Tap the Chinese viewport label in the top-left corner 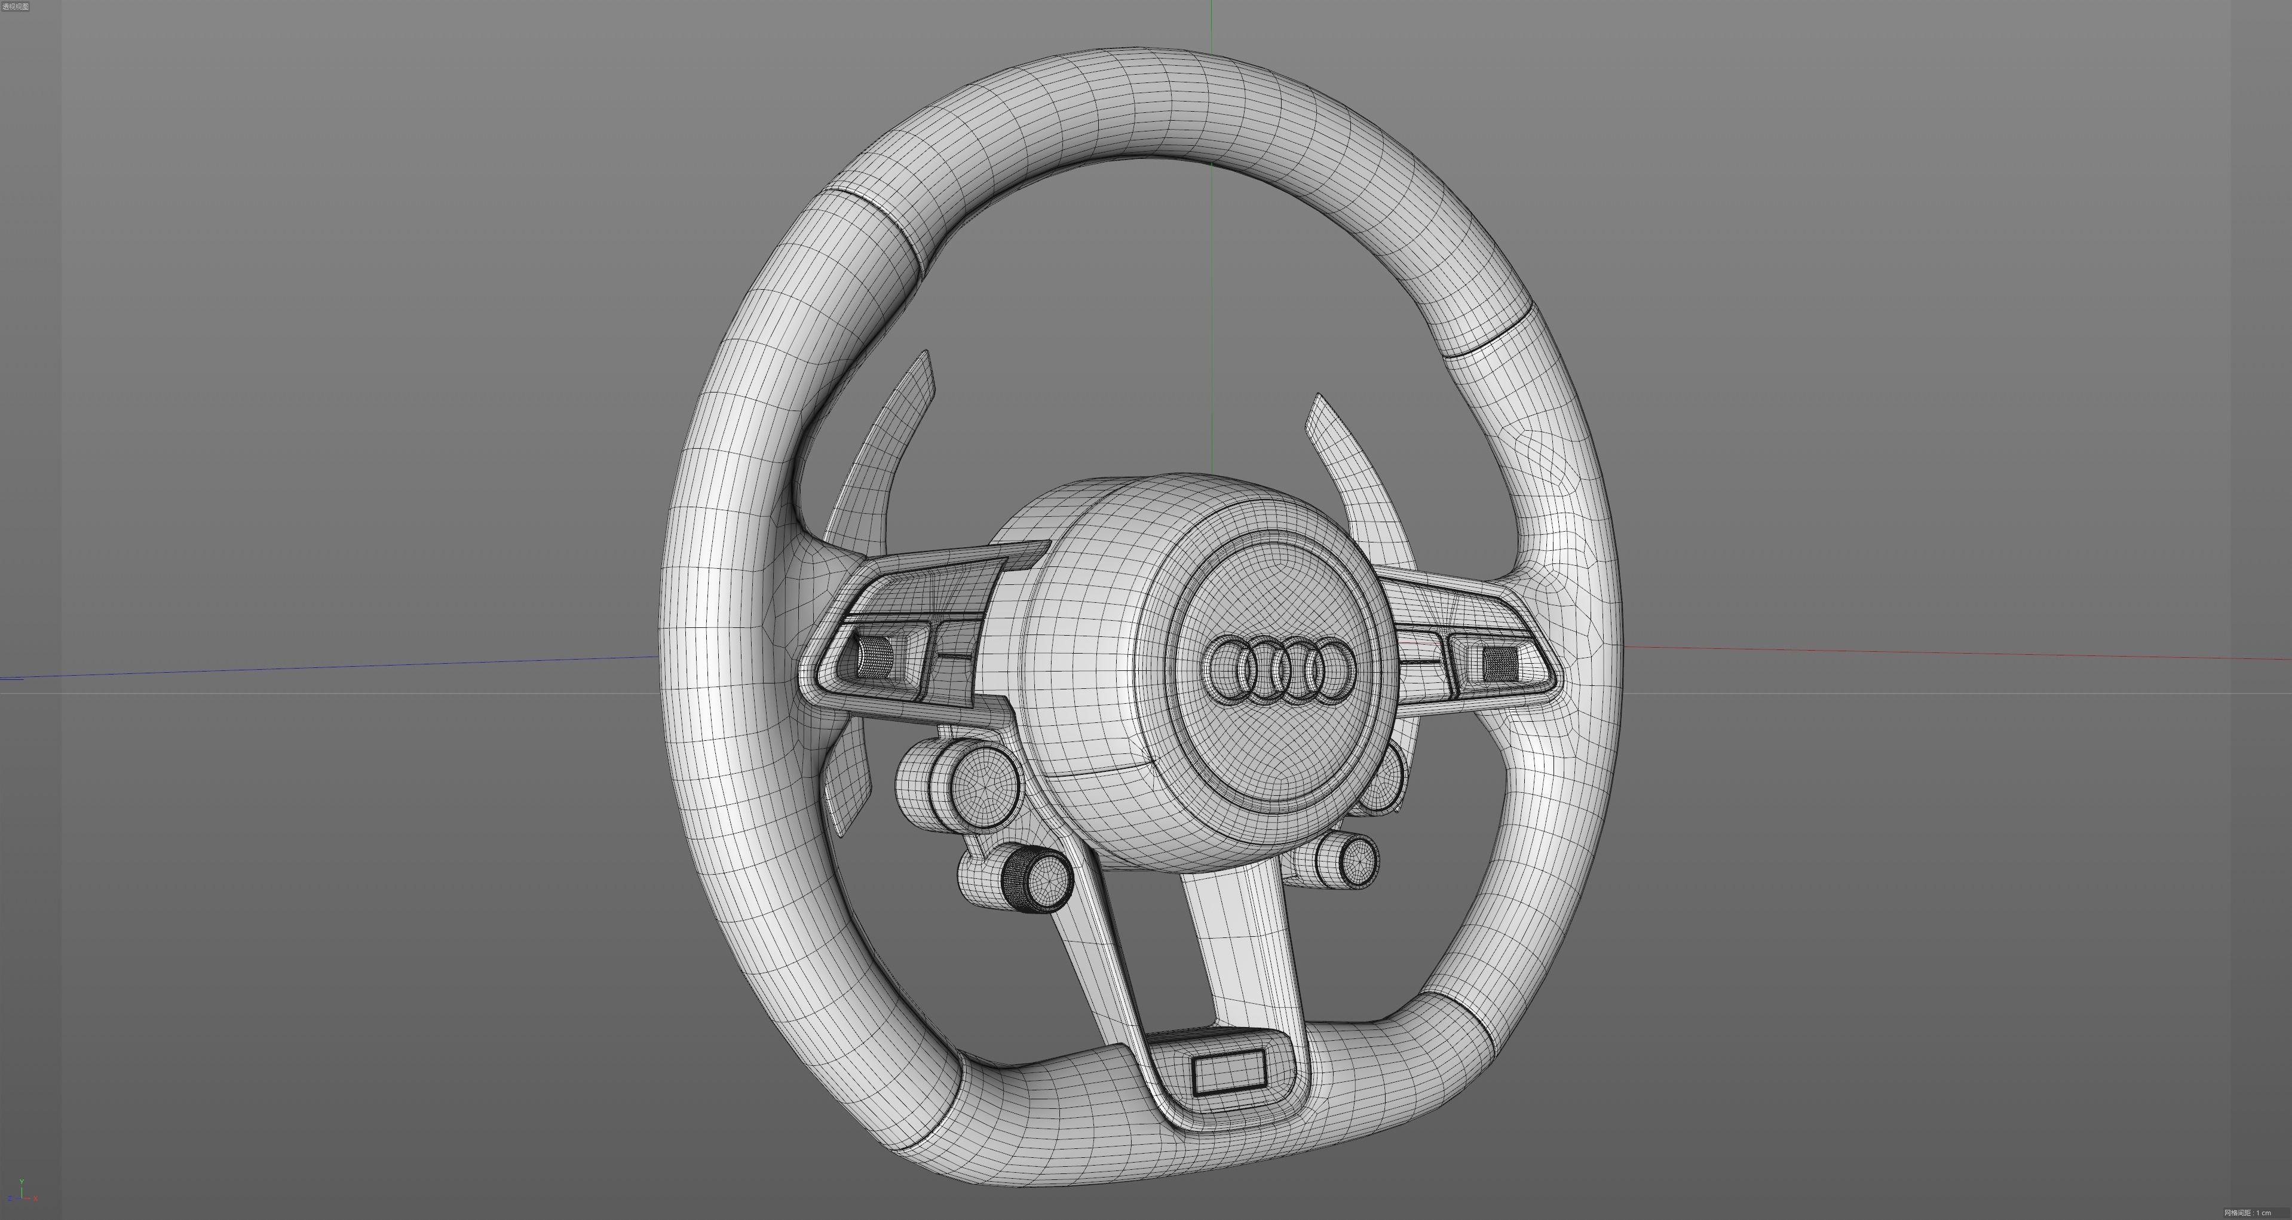coord(16,6)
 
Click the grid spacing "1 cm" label coord(2248,1212)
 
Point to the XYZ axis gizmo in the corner coord(22,1193)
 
